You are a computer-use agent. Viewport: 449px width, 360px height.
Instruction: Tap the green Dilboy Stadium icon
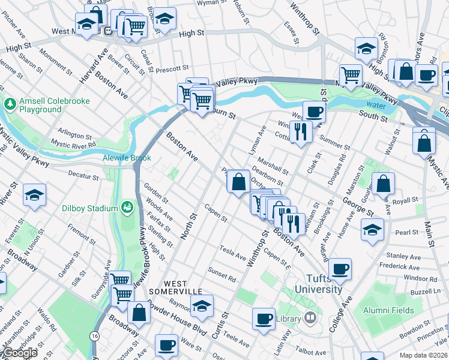tap(127, 208)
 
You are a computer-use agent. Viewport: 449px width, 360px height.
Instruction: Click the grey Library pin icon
tap(310, 317)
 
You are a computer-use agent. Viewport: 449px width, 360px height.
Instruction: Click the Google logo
tap(19, 353)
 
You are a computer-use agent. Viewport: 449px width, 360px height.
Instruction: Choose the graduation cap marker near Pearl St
tap(372, 229)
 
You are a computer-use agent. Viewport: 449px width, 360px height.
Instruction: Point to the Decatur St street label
tap(83, 178)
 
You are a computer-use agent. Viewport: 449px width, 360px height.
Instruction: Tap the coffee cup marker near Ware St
tap(166, 345)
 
